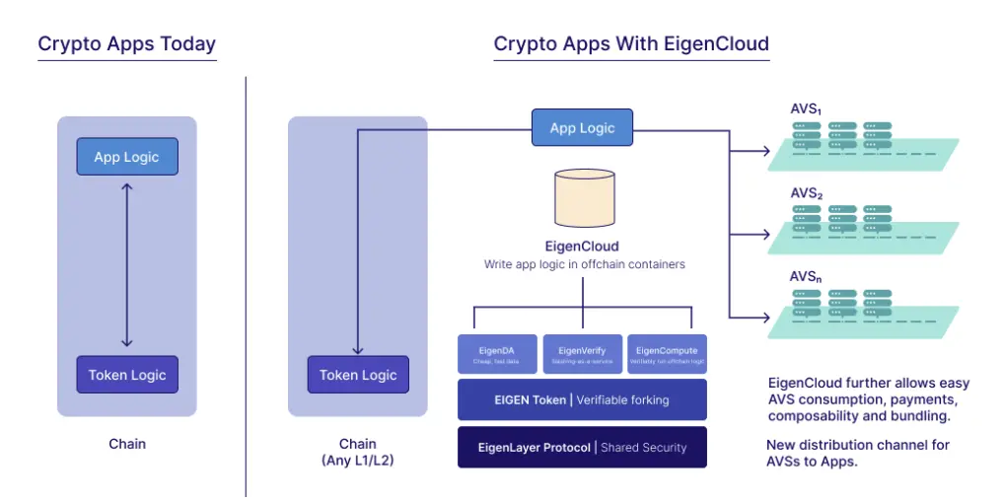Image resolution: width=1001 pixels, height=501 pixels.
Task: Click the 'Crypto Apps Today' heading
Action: click(x=126, y=44)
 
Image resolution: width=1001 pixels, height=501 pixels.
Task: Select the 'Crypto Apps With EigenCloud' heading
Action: click(x=631, y=44)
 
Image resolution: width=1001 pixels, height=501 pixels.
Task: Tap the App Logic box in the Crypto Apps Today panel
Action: click(x=127, y=157)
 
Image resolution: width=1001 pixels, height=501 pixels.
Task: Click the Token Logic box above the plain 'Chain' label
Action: click(x=127, y=375)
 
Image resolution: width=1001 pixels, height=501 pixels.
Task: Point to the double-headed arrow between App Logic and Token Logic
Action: click(x=127, y=265)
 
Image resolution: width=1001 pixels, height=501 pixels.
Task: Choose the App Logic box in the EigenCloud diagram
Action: click(x=582, y=128)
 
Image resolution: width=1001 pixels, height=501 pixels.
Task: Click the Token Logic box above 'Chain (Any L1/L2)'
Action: click(x=358, y=375)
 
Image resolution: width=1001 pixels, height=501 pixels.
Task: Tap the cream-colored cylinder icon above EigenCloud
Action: click(x=583, y=197)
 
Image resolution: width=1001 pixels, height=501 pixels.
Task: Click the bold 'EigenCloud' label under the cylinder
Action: click(x=582, y=246)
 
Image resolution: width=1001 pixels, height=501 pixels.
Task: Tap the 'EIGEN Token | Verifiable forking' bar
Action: click(x=582, y=399)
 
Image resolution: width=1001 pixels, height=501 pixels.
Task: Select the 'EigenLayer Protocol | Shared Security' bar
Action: click(x=582, y=447)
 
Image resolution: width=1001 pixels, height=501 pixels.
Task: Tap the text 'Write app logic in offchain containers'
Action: click(x=582, y=264)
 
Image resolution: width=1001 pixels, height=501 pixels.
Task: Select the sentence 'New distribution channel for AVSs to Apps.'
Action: click(x=858, y=454)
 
